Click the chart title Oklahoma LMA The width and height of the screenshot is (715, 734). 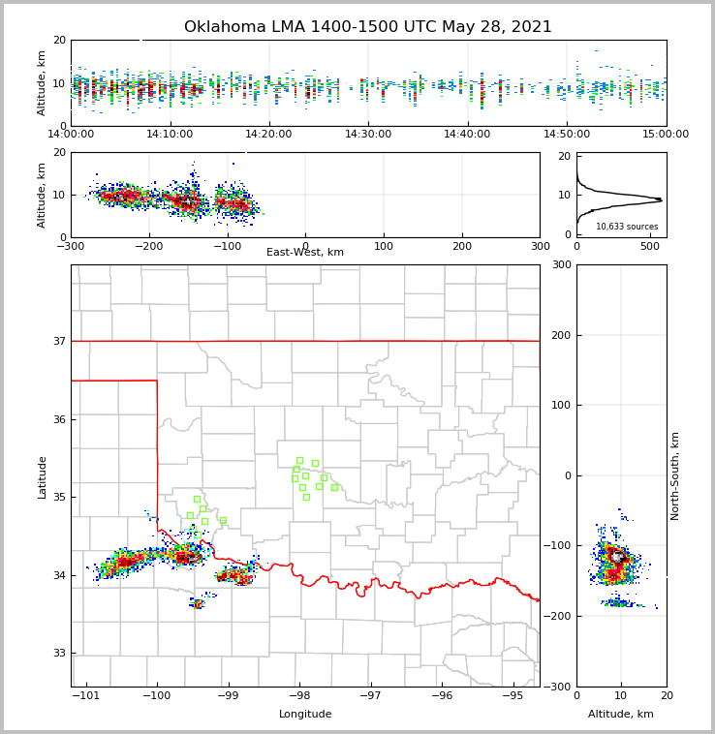[368, 27]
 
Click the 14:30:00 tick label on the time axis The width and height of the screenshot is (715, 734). [368, 135]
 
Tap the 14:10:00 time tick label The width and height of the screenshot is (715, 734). [170, 135]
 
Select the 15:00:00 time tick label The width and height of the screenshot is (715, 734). [666, 135]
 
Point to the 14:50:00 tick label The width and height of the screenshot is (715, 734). [567, 135]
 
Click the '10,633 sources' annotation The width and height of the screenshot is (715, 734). [627, 227]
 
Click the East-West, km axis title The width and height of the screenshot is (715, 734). [305, 253]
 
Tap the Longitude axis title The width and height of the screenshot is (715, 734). [305, 715]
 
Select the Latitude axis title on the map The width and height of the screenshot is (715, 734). [42, 476]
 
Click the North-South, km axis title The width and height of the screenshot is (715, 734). [675, 475]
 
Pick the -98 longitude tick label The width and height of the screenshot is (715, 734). [298, 695]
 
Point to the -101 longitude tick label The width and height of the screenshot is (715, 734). [86, 695]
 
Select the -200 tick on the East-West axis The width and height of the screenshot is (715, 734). [148, 246]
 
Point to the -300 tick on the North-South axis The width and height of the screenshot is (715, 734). [558, 687]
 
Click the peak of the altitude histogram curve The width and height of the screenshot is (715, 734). [661, 199]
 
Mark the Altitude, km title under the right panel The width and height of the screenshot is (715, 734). [621, 715]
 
